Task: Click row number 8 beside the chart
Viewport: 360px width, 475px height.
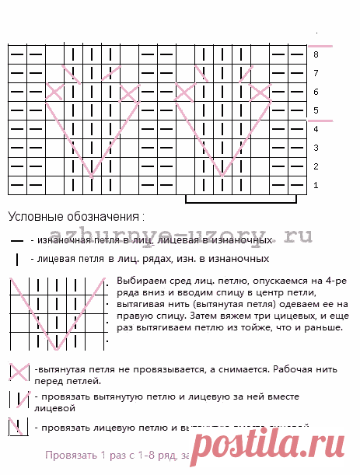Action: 316,54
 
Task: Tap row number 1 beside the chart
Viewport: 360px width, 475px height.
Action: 316,185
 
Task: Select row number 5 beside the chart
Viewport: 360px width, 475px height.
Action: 316,110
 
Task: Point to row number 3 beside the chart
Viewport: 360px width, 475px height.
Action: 316,148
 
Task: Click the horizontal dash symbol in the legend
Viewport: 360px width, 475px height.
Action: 16,242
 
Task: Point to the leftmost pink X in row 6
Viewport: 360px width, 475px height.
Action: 54,92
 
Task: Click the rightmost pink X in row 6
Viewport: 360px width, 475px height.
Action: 260,92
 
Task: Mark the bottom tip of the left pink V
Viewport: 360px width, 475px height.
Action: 92,176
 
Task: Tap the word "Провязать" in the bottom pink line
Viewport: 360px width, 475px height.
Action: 68,455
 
